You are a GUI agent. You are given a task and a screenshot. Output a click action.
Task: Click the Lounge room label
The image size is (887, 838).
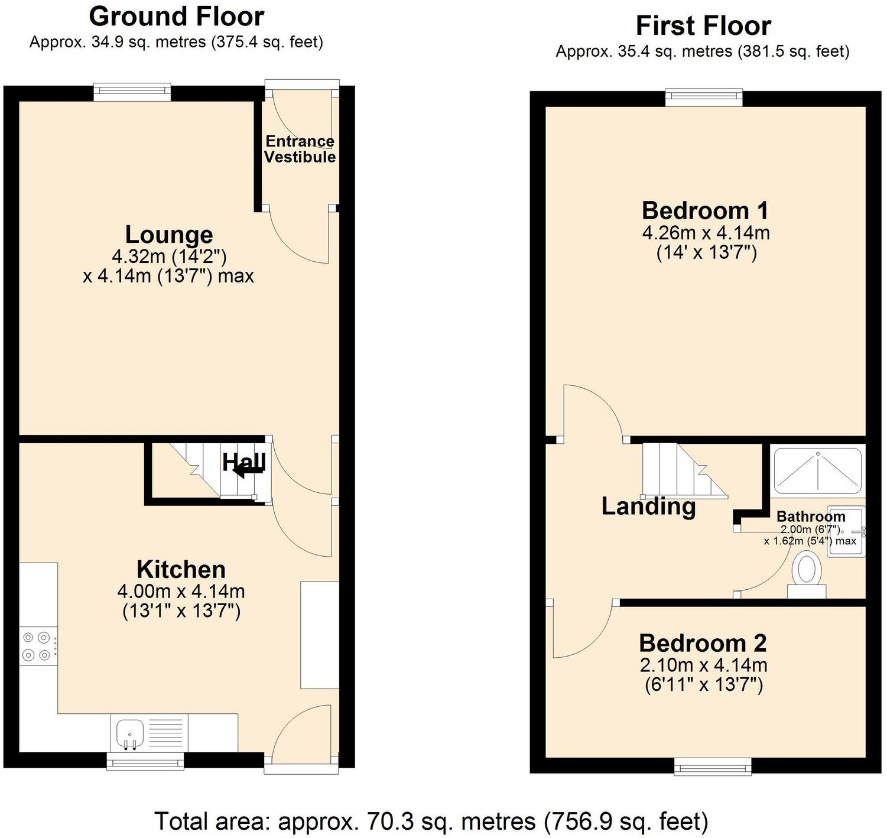[x=169, y=235]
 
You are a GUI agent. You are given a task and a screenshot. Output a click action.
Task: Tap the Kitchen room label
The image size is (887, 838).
[x=181, y=570]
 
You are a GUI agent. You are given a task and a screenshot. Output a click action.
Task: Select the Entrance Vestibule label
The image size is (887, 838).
[x=300, y=149]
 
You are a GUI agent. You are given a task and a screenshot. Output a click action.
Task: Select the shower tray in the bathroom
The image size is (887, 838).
[x=818, y=470]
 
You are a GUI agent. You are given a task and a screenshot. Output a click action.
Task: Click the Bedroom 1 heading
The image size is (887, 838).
[x=705, y=210]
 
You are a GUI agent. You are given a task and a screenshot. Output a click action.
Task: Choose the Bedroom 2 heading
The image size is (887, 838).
[x=703, y=643]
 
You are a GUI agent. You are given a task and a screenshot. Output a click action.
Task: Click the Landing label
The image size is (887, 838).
[x=648, y=506]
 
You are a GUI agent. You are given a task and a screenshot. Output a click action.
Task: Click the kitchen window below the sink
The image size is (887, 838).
[x=145, y=761]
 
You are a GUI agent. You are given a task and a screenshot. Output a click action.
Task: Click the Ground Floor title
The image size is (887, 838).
[x=176, y=17]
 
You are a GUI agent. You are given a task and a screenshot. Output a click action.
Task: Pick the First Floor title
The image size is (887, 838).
[x=703, y=26]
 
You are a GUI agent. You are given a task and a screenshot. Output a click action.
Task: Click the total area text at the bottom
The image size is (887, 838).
[x=431, y=821]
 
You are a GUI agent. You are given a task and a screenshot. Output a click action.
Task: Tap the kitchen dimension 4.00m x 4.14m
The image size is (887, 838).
[x=181, y=591]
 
